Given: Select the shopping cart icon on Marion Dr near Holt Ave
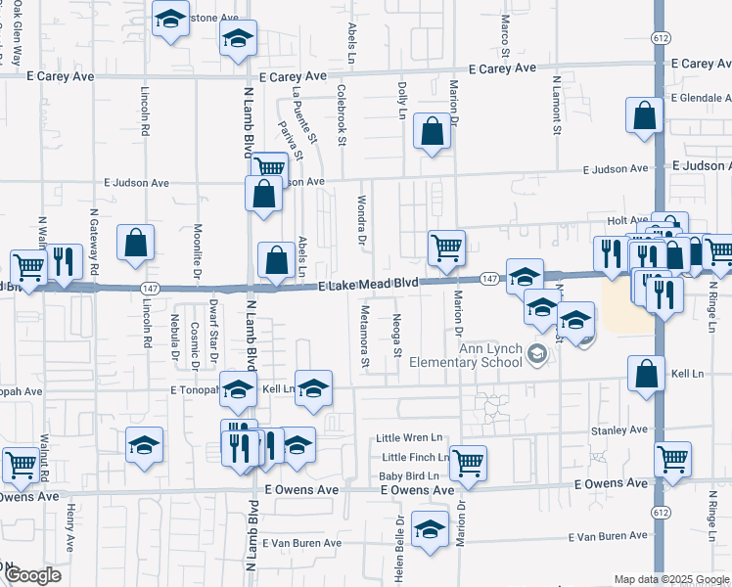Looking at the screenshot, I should (x=446, y=248).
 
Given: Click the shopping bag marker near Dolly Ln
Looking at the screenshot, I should (x=432, y=131).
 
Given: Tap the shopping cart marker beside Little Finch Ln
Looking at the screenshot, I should (x=468, y=462).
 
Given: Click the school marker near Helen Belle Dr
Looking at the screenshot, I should (x=430, y=529).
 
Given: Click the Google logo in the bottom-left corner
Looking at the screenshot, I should (x=32, y=575).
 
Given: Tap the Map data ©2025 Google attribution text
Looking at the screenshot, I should (x=671, y=579).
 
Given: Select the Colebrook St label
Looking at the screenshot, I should (x=342, y=114).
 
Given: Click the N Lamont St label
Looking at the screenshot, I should (x=556, y=106).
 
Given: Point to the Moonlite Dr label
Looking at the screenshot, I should (x=198, y=246).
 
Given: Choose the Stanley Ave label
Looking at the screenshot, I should (x=618, y=429).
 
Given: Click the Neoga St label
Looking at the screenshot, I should (x=397, y=335).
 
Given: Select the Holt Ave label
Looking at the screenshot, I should (x=627, y=221).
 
